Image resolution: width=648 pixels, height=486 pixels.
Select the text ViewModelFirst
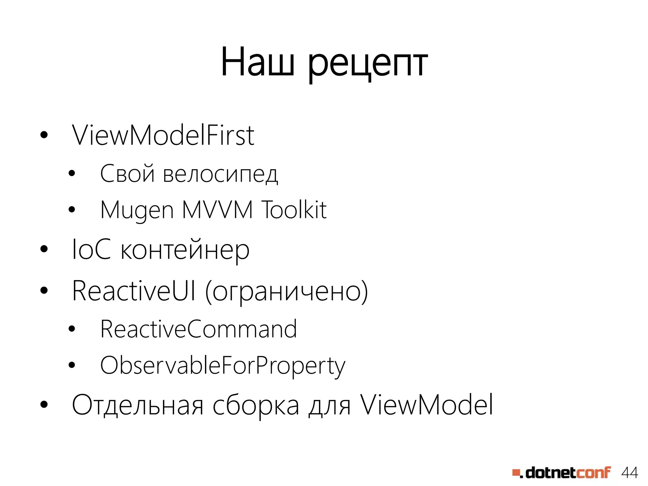click(x=163, y=135)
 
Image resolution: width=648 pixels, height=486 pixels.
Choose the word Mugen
click(x=137, y=210)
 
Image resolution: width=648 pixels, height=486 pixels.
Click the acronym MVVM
click(x=217, y=209)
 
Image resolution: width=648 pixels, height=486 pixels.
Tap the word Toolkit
click(x=294, y=209)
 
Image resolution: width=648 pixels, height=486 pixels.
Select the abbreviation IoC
click(x=91, y=250)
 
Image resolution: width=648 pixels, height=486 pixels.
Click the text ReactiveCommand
click(x=198, y=329)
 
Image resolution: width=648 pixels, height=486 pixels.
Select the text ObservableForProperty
click(x=222, y=366)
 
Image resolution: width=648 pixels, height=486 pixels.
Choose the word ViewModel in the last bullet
click(x=427, y=405)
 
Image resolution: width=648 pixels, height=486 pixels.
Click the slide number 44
click(x=629, y=473)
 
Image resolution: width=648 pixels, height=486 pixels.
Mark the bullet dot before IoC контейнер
click(x=44, y=249)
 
